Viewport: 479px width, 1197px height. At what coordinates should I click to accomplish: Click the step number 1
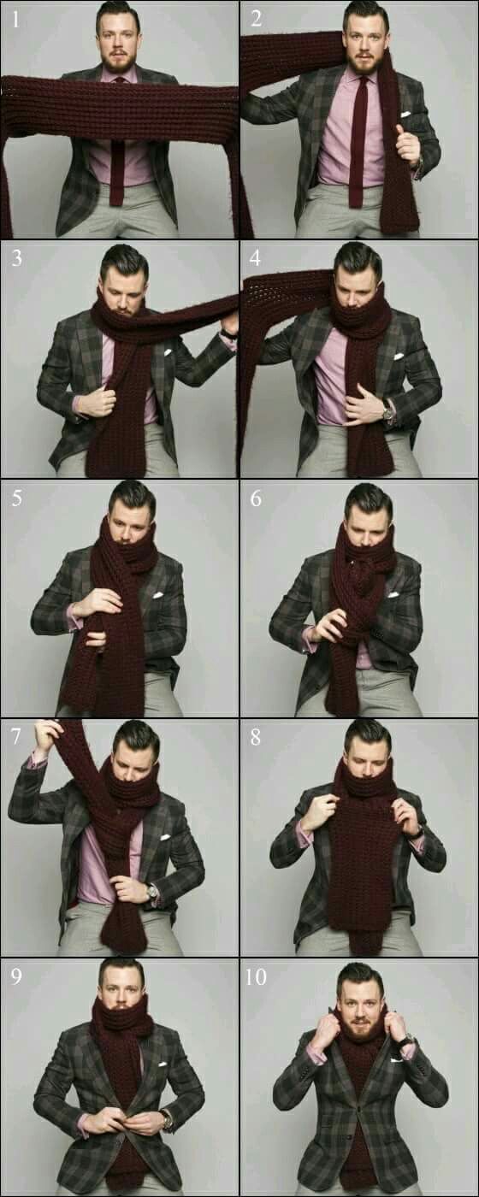(15, 19)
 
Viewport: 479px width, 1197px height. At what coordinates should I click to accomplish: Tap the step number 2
(256, 19)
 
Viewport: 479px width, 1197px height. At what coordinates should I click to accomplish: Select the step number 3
(16, 258)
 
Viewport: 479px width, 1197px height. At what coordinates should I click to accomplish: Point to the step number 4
(255, 258)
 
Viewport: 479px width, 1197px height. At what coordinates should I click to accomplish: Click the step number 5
(16, 498)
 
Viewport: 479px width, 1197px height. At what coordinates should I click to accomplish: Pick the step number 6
(256, 498)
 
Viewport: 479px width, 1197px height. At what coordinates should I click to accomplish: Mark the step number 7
(16, 737)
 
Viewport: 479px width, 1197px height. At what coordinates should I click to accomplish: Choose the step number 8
(256, 737)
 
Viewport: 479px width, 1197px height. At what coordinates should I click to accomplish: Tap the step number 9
(16, 976)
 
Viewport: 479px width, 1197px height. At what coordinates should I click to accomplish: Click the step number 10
(256, 977)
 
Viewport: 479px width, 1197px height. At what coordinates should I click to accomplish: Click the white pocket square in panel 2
(405, 114)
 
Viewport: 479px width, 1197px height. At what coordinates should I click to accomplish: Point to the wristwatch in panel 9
(167, 1119)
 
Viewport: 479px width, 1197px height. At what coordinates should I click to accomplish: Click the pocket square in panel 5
(159, 595)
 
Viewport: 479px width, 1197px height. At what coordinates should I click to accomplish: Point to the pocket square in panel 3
(169, 352)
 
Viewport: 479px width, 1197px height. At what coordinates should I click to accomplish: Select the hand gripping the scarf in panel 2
(407, 144)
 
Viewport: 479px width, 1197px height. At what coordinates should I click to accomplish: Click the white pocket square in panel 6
(393, 594)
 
